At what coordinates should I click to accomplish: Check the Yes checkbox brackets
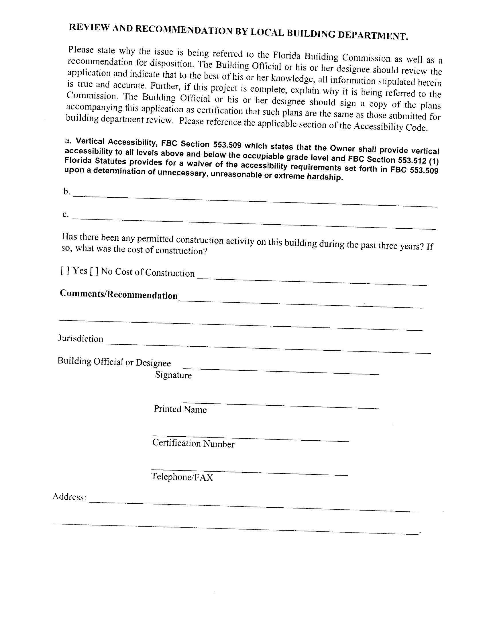(65, 270)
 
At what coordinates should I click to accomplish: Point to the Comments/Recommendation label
(119, 294)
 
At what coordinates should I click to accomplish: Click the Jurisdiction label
(80, 338)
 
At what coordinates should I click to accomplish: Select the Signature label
(173, 375)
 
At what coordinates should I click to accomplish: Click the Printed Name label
(180, 409)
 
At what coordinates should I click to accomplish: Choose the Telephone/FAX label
(182, 477)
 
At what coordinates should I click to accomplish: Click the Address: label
(69, 497)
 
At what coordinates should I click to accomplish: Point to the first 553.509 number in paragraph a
(227, 144)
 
